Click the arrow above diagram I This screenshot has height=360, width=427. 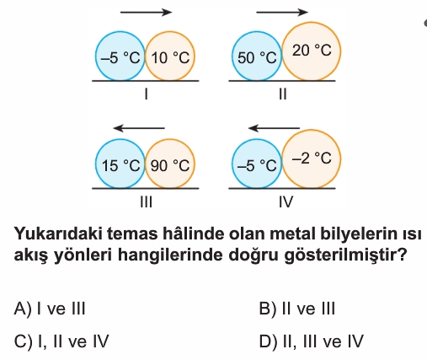146,12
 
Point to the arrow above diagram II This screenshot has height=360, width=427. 282,12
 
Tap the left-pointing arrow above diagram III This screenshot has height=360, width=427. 139,128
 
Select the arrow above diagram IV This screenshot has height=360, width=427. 275,128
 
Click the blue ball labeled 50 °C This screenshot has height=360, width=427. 257,56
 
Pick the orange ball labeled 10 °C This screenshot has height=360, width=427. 170,56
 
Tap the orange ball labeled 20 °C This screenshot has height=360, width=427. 312,51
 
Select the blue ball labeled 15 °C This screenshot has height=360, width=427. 120,164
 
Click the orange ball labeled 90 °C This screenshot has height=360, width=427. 170,164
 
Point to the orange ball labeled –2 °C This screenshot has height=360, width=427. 312,159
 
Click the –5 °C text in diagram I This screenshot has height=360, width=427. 120,58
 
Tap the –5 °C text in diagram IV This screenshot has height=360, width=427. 257,165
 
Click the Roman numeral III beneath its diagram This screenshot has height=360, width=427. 146,201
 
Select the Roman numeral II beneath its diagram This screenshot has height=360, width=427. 283,94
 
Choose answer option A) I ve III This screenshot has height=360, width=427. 50,309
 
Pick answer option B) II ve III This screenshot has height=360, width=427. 297,309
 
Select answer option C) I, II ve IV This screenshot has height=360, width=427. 61,341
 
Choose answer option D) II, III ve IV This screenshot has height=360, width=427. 312,341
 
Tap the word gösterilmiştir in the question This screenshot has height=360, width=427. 345,255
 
